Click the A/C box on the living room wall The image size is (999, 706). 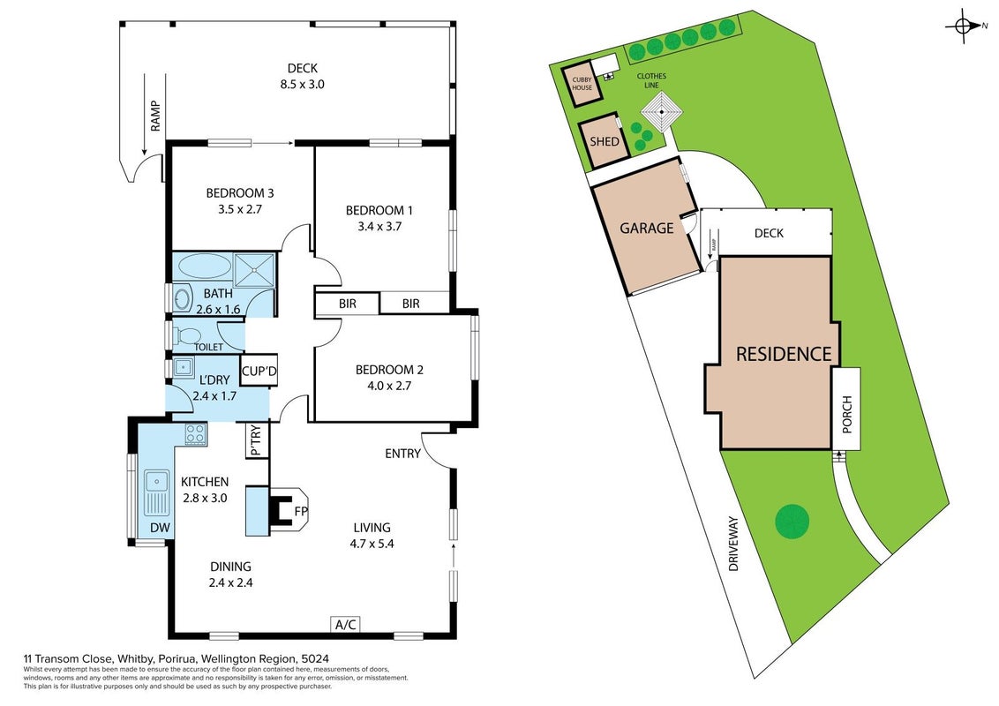tap(345, 625)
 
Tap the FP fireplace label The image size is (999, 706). tap(301, 511)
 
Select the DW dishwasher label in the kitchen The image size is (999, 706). tap(160, 528)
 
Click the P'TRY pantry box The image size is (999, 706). tap(257, 440)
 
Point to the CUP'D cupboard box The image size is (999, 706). tap(259, 371)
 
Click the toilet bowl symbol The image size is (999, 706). tap(187, 335)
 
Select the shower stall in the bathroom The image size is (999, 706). tap(254, 270)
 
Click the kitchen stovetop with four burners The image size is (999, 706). tap(196, 434)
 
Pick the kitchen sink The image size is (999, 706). tap(156, 492)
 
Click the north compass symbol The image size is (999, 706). tap(965, 26)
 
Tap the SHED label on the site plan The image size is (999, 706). tap(604, 141)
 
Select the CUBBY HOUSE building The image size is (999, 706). tap(582, 83)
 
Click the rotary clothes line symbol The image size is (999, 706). tap(662, 111)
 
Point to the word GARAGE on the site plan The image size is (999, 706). tap(647, 228)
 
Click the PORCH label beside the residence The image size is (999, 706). tap(846, 414)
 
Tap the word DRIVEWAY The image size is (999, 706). tap(733, 543)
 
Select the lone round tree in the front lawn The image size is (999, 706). tap(792, 522)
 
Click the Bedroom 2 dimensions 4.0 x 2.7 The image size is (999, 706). tap(388, 386)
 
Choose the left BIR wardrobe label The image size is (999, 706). tap(347, 304)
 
